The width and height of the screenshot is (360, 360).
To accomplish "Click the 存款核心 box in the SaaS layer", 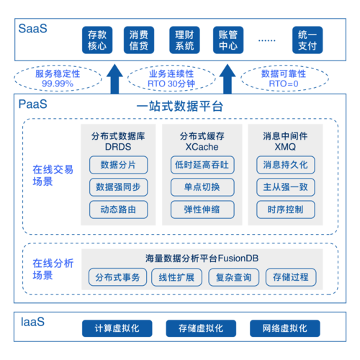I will click(x=96, y=40).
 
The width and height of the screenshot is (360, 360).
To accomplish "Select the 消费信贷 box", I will click(x=139, y=40).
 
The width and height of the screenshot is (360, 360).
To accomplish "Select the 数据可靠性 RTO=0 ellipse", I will click(x=283, y=78).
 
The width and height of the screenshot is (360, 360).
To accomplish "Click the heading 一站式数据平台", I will click(x=180, y=107).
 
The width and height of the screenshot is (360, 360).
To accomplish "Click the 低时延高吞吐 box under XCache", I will click(x=200, y=165).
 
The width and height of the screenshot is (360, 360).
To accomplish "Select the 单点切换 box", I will click(x=200, y=187).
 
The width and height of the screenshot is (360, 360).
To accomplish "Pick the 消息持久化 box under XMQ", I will click(x=285, y=165).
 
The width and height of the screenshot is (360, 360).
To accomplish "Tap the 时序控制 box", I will click(x=285, y=210).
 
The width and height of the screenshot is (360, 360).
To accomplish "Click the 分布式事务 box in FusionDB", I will click(x=118, y=277).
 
